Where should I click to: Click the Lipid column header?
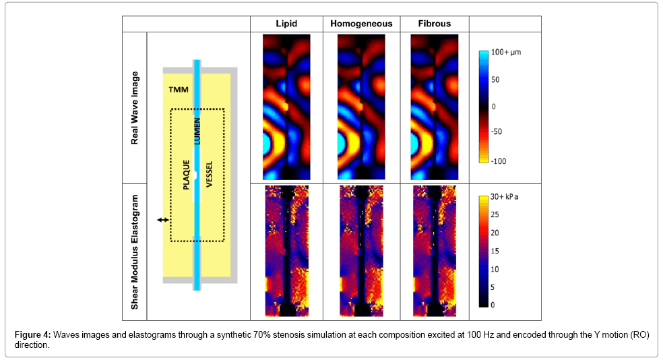(286, 24)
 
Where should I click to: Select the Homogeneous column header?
(361, 24)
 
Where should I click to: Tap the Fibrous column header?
(434, 24)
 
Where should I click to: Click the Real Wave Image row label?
(135, 108)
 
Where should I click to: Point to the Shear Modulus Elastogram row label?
(135, 251)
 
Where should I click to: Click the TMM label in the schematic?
(179, 89)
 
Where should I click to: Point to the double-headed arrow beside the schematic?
(162, 220)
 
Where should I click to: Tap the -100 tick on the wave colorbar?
(499, 161)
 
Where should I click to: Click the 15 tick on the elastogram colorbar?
(495, 251)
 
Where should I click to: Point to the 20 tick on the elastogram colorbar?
(496, 233)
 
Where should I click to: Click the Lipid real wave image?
(286, 107)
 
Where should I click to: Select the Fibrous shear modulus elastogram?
(434, 250)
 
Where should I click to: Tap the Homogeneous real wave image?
(361, 107)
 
